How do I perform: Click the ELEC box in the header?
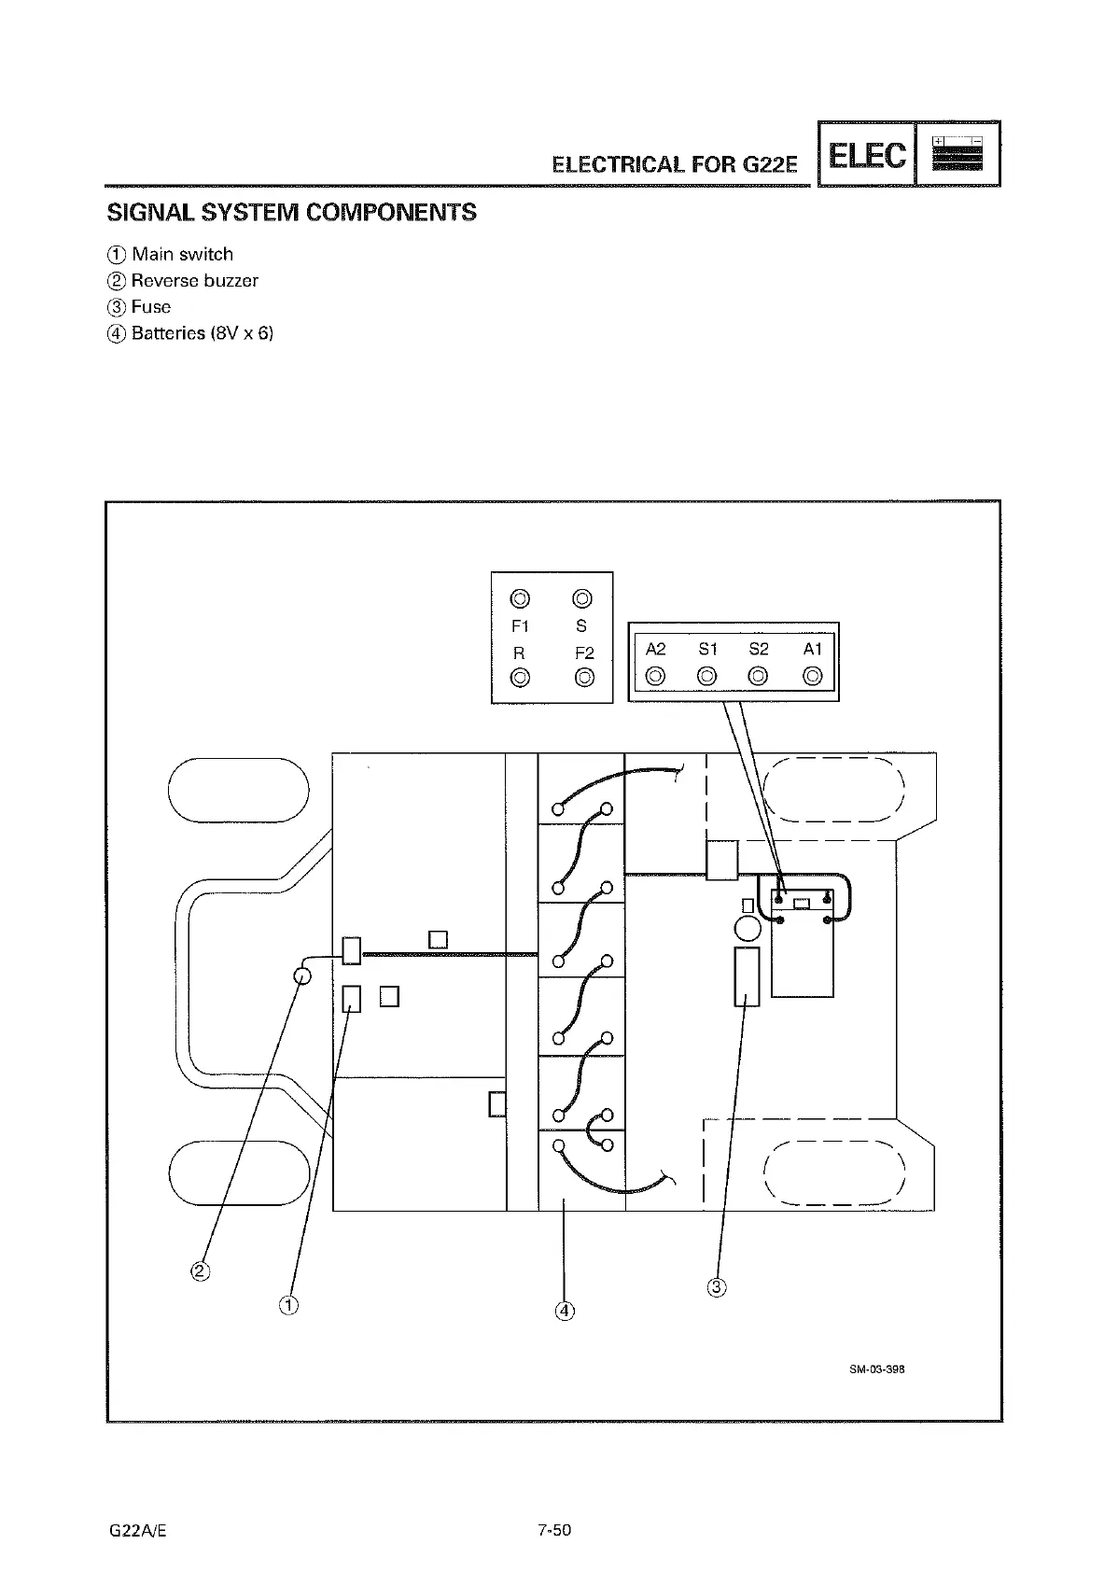click(x=867, y=155)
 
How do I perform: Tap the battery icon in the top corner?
click(x=957, y=155)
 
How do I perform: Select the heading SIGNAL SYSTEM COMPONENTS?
click(x=292, y=213)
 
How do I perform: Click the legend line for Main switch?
click(x=172, y=254)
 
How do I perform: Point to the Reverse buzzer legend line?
click(x=184, y=280)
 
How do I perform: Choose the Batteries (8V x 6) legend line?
click(x=191, y=333)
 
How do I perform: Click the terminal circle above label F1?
click(x=520, y=598)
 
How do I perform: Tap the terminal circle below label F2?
click(x=584, y=677)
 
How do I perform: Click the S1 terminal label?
click(x=707, y=649)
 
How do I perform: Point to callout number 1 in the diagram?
click(x=288, y=1305)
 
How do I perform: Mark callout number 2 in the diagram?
click(x=200, y=1270)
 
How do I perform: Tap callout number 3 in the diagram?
click(x=717, y=1288)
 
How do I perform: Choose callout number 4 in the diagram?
click(x=564, y=1311)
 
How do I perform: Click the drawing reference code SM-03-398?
click(x=877, y=1369)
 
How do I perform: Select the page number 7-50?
click(x=553, y=1530)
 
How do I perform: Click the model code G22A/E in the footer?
click(x=137, y=1531)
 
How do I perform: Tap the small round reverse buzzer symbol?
click(x=301, y=975)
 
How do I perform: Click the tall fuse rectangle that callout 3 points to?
click(x=747, y=976)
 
